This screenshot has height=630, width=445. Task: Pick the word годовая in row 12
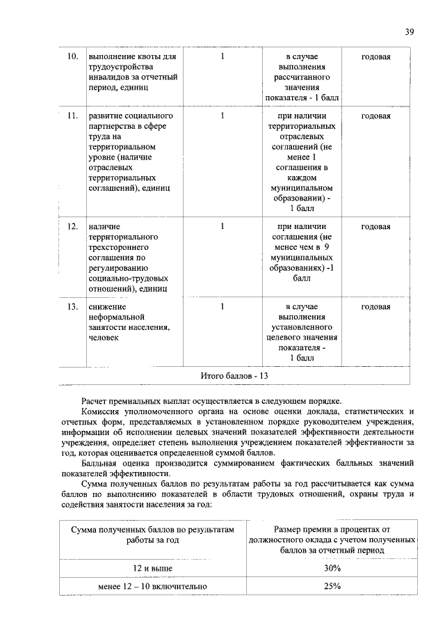[x=375, y=226]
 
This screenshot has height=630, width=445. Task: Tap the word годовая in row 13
[x=375, y=306]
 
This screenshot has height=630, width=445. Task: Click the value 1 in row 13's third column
[x=221, y=306]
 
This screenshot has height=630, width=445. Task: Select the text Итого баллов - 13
[x=234, y=375]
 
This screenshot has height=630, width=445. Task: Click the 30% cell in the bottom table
[x=332, y=569]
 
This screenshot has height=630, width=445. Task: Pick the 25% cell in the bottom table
[x=332, y=586]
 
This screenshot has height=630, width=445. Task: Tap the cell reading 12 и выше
[x=153, y=569]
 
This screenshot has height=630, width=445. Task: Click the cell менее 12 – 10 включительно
[x=153, y=586]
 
